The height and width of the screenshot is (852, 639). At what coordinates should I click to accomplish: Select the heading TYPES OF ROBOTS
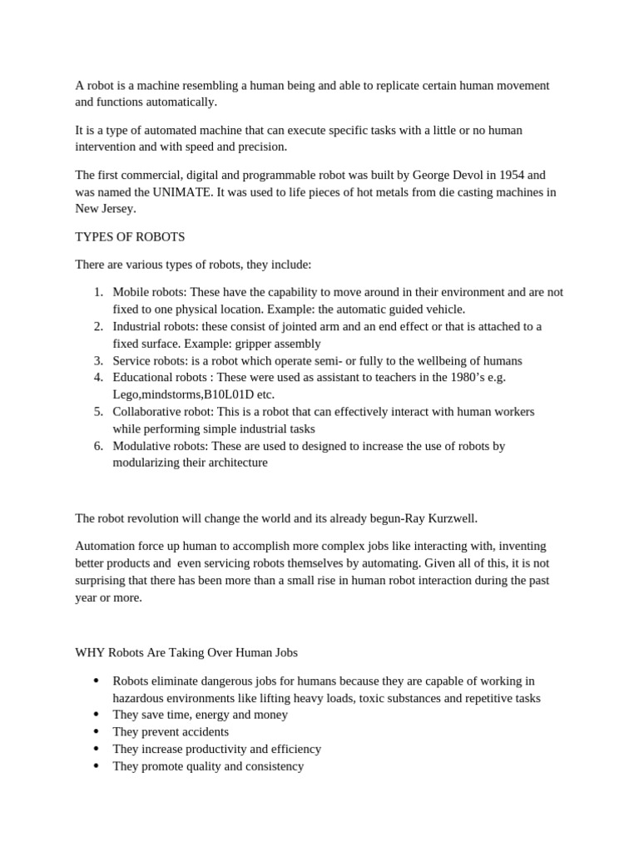(130, 236)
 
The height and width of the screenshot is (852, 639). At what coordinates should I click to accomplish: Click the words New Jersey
(100, 209)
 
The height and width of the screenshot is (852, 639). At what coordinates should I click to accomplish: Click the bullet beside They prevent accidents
(97, 732)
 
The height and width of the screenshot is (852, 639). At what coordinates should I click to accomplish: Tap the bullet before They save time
(97, 715)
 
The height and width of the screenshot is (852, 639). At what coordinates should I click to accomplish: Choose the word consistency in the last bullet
(271, 766)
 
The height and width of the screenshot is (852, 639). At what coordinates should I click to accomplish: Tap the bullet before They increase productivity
(97, 750)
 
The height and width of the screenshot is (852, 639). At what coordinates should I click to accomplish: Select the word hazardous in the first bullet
(139, 698)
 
